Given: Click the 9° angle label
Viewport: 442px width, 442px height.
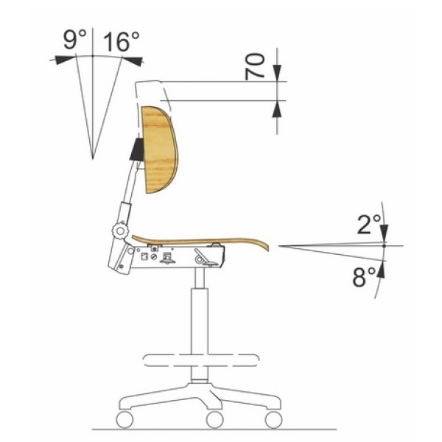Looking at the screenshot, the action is tap(74, 40).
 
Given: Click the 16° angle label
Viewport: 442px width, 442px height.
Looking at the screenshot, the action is tap(122, 41).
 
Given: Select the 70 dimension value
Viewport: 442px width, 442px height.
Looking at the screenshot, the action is tap(255, 66).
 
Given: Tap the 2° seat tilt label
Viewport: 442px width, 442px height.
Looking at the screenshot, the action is tap(369, 225).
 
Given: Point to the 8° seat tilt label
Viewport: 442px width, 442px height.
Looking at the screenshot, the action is tap(364, 277).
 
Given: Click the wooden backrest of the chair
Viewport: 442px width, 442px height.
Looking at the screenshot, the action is tap(159, 150).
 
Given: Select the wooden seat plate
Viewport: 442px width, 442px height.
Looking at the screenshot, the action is tap(200, 242).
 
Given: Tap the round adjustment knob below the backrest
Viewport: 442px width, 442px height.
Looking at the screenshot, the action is tap(120, 231).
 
